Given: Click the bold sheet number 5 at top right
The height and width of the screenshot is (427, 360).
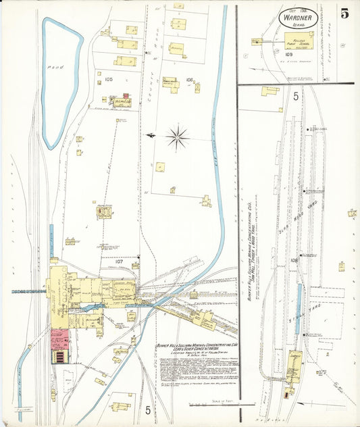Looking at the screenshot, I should [344, 13].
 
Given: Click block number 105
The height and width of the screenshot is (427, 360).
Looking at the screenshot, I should [109, 79].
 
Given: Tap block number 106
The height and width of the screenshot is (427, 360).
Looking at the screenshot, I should [189, 80].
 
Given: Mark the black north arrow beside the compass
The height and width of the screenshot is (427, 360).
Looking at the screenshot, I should [152, 135].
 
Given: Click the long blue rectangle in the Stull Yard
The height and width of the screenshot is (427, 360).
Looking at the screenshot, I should [299, 309].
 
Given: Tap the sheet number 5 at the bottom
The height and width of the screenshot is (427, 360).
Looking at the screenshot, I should [147, 409].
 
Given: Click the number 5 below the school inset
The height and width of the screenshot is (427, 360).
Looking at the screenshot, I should [296, 96].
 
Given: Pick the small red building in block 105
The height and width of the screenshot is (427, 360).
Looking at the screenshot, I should [126, 97].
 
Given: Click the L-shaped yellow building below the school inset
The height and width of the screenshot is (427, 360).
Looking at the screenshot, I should [270, 91].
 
